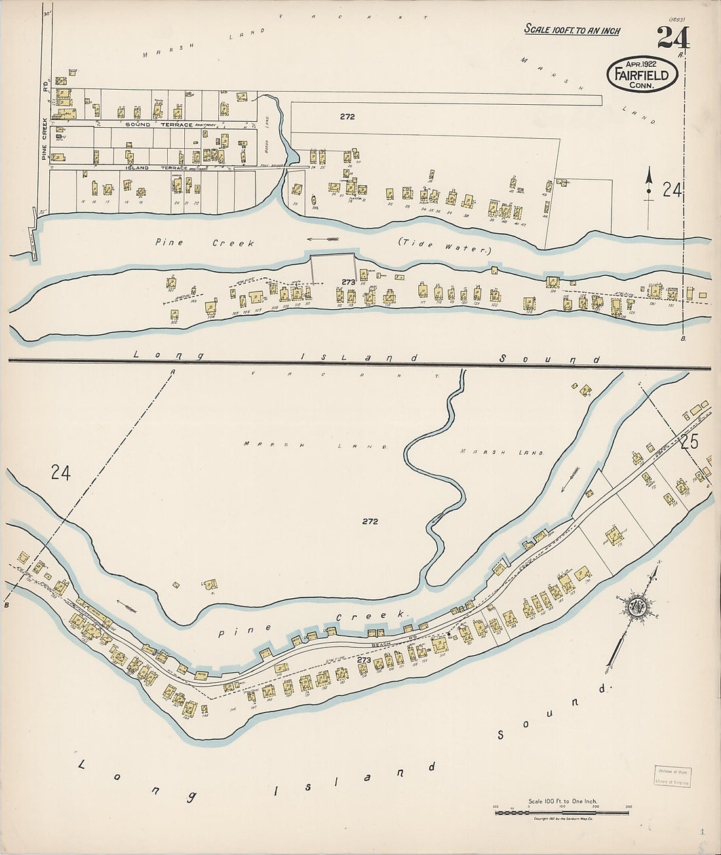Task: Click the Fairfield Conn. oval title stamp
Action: pyautogui.click(x=642, y=73)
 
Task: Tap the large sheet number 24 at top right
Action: pyautogui.click(x=672, y=38)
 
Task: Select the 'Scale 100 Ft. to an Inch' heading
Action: pyautogui.click(x=572, y=30)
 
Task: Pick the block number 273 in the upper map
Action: pyautogui.click(x=347, y=282)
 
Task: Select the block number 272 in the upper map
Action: pyautogui.click(x=347, y=117)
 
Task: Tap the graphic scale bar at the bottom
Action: pyautogui.click(x=562, y=812)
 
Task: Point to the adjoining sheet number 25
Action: pyautogui.click(x=689, y=442)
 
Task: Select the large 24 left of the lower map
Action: pyautogui.click(x=60, y=472)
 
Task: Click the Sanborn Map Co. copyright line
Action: pyautogui.click(x=562, y=819)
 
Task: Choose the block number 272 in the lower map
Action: pyautogui.click(x=370, y=522)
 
